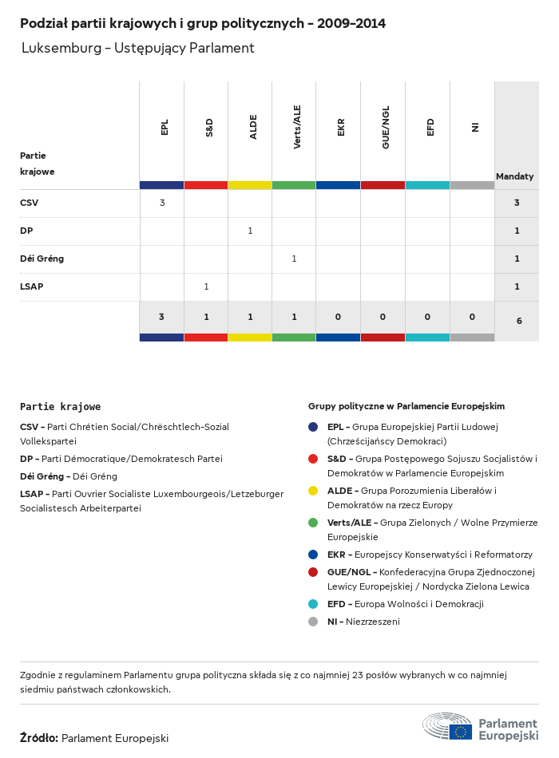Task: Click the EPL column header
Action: point(165,127)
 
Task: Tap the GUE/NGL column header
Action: point(386,127)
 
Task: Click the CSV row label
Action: point(29,203)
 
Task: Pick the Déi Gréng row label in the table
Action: point(42,259)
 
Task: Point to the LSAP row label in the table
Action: point(32,286)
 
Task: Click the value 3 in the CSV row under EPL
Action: point(162,203)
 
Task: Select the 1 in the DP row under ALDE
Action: point(250,231)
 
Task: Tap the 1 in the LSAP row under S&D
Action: point(206,286)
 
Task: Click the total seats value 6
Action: point(519,321)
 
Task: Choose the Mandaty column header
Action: point(515,176)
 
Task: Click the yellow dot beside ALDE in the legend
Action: point(313,491)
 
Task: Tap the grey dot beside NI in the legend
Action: point(313,622)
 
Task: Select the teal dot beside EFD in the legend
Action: point(313,604)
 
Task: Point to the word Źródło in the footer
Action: point(38,738)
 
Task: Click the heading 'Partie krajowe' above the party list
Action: point(60,407)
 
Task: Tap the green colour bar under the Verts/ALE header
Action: point(294,185)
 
